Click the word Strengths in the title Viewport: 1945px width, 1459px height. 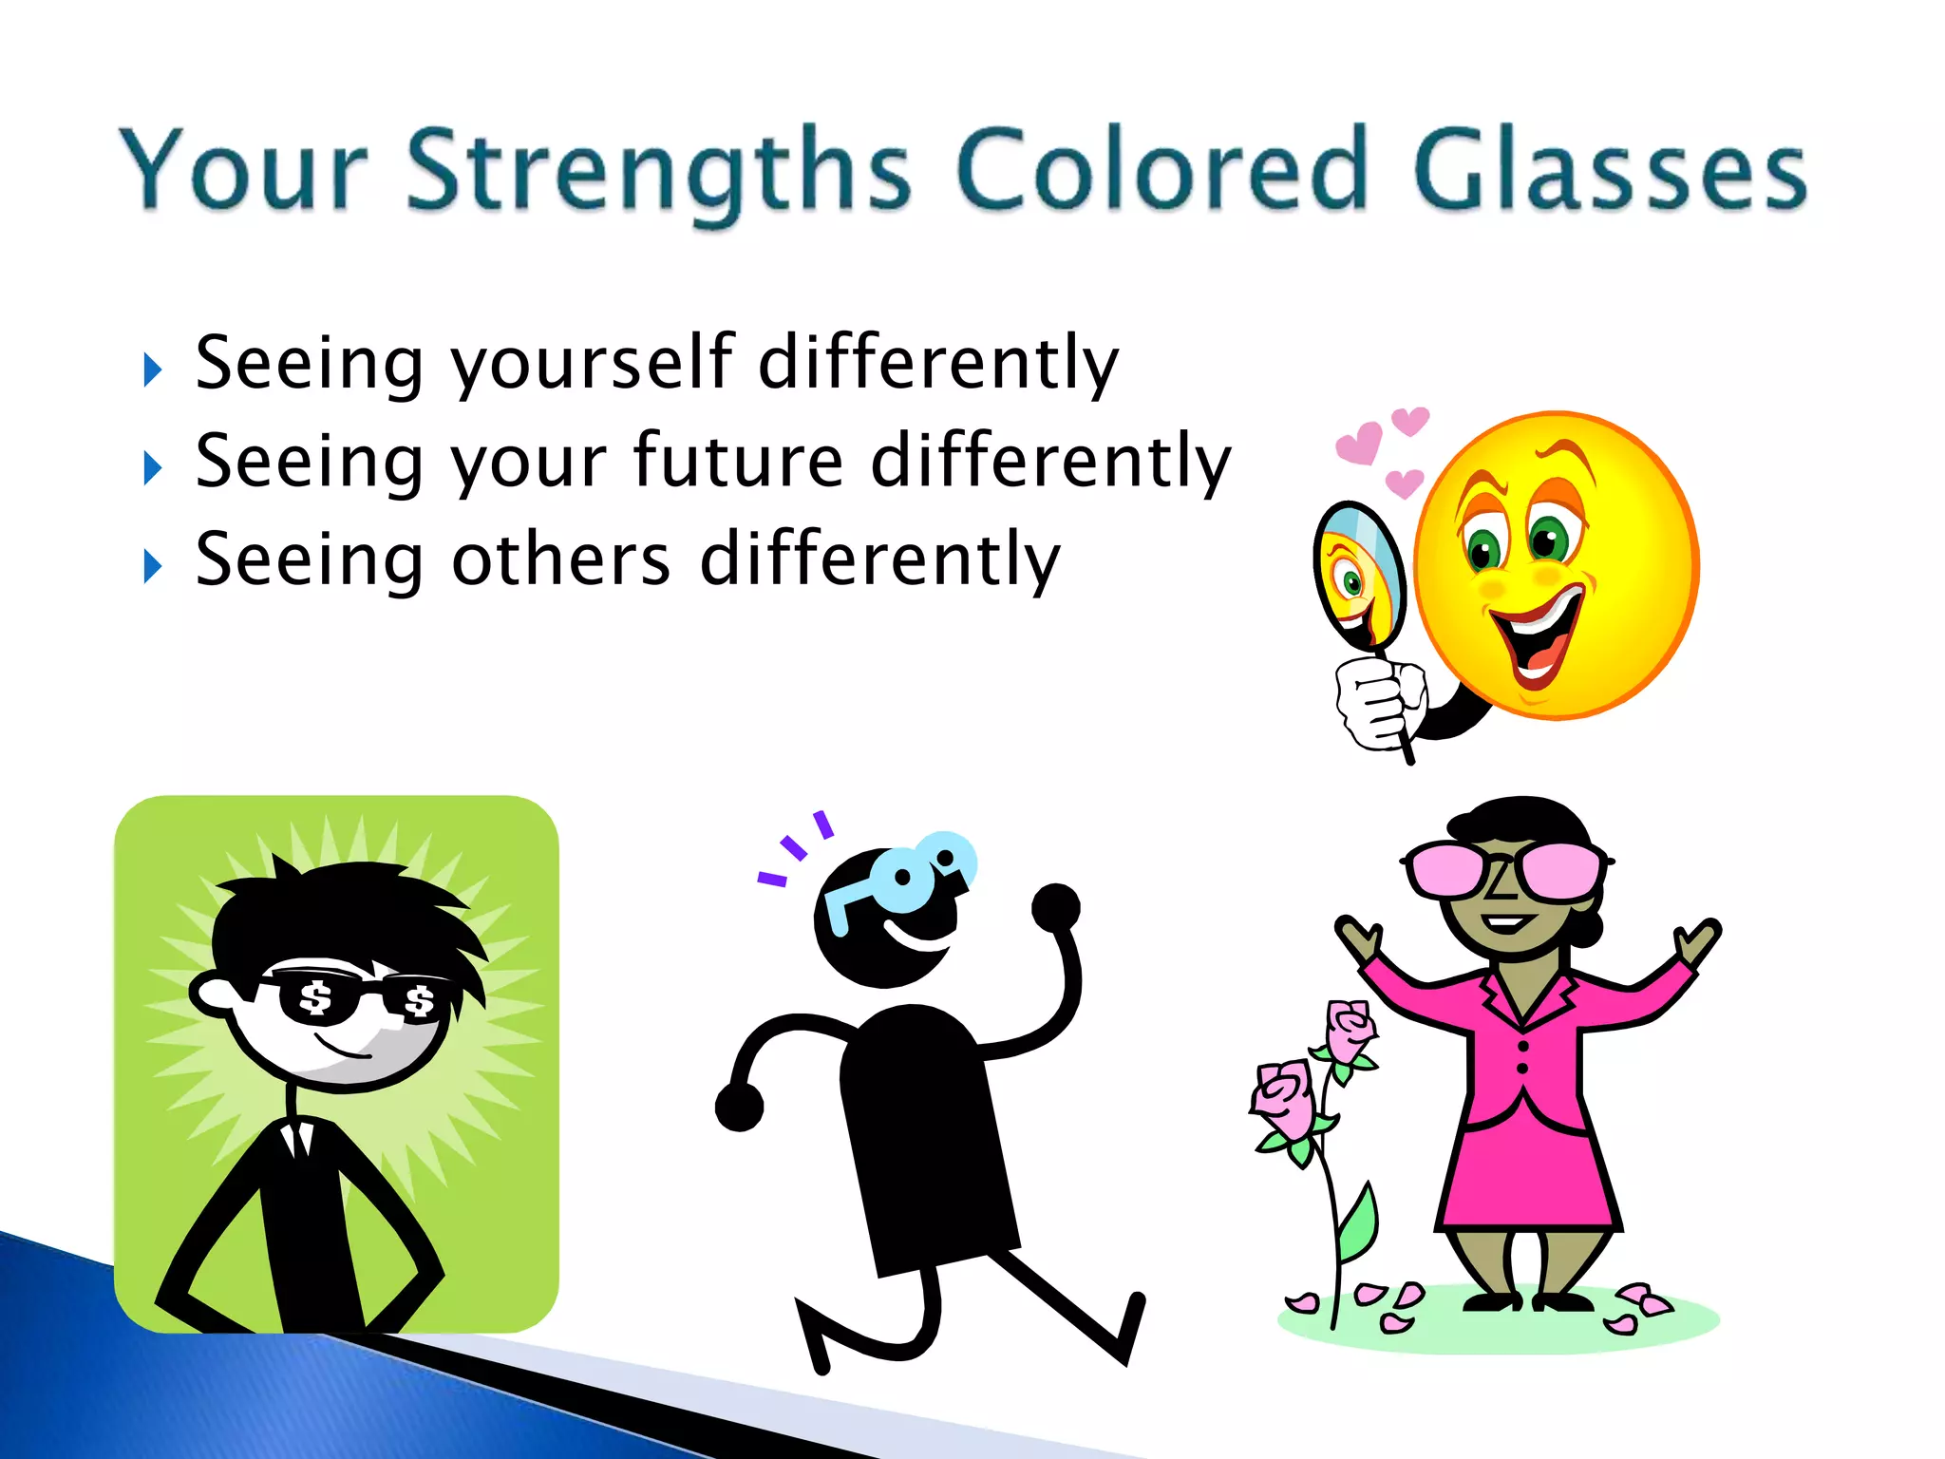[x=659, y=171]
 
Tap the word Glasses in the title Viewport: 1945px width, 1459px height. [x=1609, y=171]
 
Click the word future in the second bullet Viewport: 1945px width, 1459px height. [x=738, y=462]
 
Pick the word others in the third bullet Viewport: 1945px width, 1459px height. [x=560, y=559]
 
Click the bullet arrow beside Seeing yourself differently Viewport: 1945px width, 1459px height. [x=153, y=369]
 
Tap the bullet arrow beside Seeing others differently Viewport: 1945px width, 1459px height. [x=153, y=567]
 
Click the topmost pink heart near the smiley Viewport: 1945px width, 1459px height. [x=1410, y=420]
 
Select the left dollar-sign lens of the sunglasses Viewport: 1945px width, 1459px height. [x=316, y=999]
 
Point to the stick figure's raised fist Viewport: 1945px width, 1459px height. [x=1056, y=907]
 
